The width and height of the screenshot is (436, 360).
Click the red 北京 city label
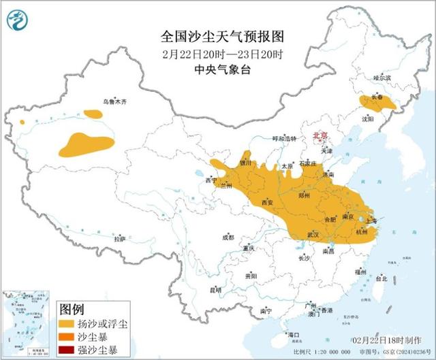[x=319, y=136]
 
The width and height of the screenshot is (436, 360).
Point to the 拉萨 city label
[x=120, y=239]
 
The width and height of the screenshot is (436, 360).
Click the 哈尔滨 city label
[x=383, y=78]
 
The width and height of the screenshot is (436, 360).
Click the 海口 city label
[x=294, y=335]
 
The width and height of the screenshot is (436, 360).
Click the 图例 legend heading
[x=72, y=308]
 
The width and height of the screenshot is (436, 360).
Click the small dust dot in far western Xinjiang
[x=22, y=122]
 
